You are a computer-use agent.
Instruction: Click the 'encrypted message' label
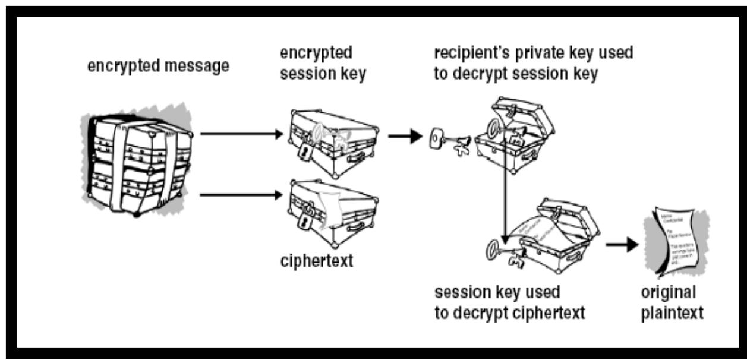tap(158, 67)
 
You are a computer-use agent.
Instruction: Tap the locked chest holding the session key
tap(333, 143)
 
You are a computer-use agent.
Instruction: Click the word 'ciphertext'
tap(316, 260)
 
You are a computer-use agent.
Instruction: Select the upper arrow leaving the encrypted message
tap(241, 134)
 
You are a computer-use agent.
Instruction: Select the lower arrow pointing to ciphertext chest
tap(241, 193)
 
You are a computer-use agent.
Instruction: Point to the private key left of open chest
tap(449, 141)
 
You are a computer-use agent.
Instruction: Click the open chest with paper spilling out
tap(556, 235)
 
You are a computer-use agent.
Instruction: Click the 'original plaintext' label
tap(672, 303)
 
